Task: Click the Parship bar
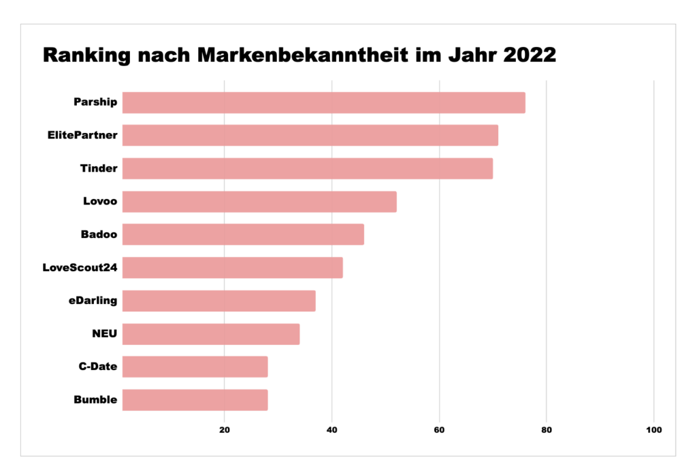(x=323, y=103)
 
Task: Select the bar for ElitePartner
(x=310, y=136)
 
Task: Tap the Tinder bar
(x=307, y=168)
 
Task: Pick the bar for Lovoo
(x=259, y=202)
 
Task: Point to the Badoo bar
(x=243, y=234)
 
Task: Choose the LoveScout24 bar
(x=232, y=268)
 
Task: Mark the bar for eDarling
(x=218, y=301)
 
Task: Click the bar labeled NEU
(x=210, y=334)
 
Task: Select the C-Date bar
(x=195, y=367)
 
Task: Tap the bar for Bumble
(x=195, y=400)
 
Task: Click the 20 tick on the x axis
(x=224, y=430)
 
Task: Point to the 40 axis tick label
(x=332, y=430)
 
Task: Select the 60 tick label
(x=439, y=430)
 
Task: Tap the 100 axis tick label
(x=653, y=430)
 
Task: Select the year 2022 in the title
(x=530, y=55)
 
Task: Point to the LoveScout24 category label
(x=80, y=268)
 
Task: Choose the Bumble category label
(x=95, y=400)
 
